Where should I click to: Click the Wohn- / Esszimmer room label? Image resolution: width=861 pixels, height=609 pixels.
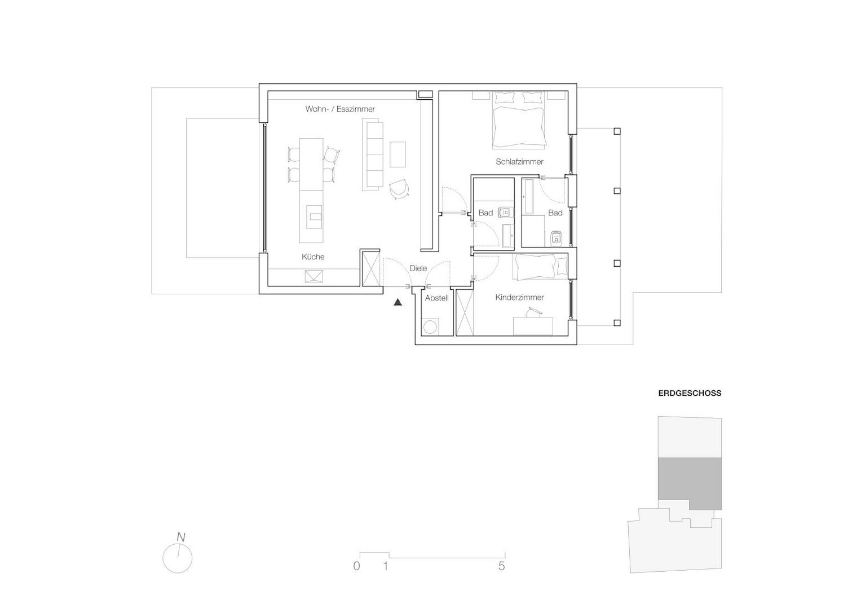[340, 109]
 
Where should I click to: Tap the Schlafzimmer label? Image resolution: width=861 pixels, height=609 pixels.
[519, 162]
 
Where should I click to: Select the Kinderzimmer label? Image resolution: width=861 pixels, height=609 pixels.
[519, 297]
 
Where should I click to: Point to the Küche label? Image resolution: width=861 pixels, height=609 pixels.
[313, 257]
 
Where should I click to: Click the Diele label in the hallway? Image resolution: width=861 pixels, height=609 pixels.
[418, 268]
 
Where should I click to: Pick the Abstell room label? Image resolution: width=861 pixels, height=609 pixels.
[437, 298]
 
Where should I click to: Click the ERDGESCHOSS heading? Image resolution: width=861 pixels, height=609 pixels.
[690, 393]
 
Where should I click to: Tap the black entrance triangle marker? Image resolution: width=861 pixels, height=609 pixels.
[398, 303]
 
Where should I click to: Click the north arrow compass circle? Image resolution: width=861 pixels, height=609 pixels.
[178, 558]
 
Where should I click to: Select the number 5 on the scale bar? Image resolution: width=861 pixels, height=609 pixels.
[502, 566]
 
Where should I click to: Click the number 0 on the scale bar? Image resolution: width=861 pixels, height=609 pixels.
[356, 566]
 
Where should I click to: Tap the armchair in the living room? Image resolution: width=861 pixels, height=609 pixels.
[399, 189]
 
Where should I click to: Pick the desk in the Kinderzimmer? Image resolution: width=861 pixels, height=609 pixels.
[533, 326]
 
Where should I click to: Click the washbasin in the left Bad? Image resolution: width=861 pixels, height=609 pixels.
[505, 213]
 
